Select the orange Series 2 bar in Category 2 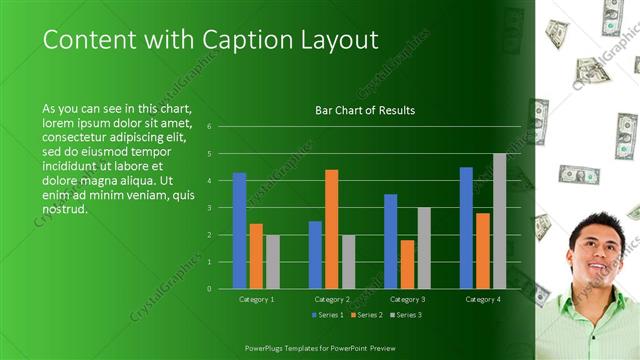pos(331,229)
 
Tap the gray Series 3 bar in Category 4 pos(499,221)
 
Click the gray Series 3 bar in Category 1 pos(273,262)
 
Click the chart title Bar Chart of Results pos(365,110)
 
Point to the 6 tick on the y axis pos(210,127)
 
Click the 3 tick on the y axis pos(210,208)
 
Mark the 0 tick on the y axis pos(210,289)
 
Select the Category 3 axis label pos(406,299)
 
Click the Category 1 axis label pos(257,299)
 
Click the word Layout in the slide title pos(336,40)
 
